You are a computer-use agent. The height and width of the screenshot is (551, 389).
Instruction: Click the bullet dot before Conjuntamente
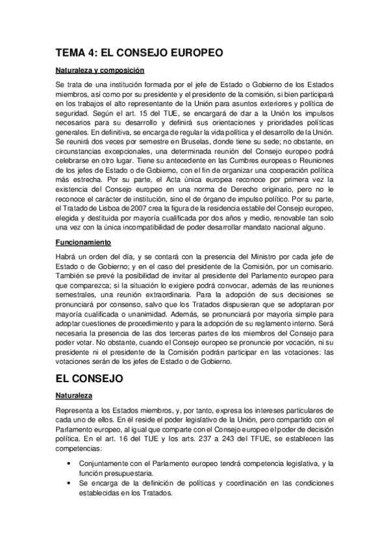tap(69, 463)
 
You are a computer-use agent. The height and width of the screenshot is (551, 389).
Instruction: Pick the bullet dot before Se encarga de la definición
tap(69, 483)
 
